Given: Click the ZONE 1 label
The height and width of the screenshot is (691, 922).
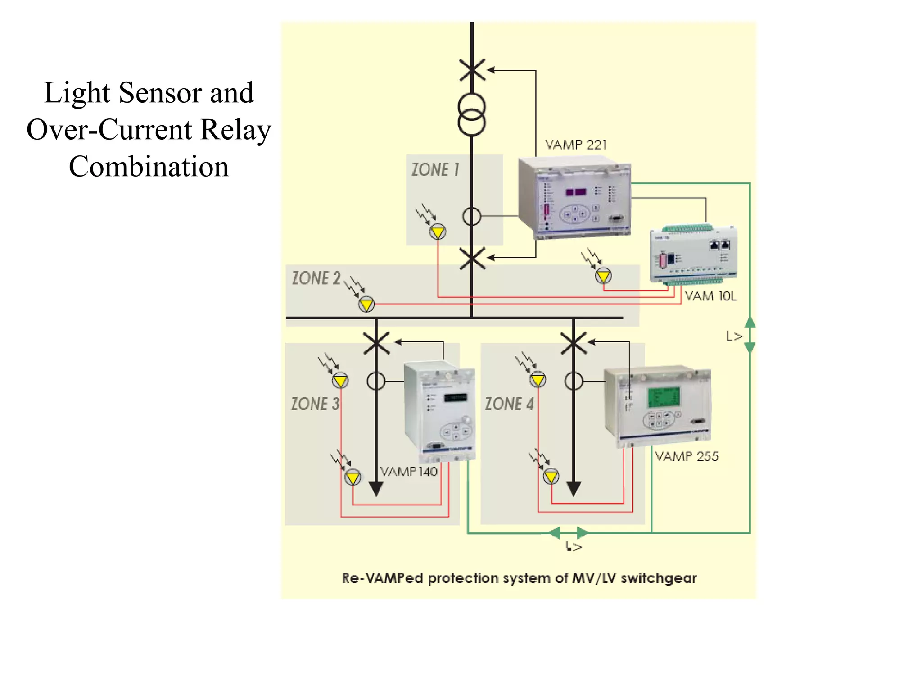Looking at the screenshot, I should coord(435,170).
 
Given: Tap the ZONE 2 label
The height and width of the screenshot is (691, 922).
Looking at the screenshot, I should coord(316,278).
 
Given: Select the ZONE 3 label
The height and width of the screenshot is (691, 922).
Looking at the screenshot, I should coord(315,404).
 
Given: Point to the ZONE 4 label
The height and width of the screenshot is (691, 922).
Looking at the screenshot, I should coord(509,404).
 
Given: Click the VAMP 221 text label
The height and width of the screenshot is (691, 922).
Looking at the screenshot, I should coord(576,145).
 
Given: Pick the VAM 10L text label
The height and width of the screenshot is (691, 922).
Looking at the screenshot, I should coord(710,296).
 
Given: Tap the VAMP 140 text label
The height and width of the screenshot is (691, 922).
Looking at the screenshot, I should coord(409,472).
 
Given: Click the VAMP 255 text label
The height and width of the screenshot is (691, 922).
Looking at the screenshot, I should coord(687,457).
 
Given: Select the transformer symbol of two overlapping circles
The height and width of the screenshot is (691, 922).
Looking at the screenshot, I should coord(472,115).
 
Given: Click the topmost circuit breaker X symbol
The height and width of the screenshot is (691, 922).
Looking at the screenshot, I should coord(472,70).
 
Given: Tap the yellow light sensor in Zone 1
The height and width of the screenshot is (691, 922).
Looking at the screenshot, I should coord(438,232).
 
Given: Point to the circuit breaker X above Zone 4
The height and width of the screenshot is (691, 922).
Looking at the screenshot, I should coord(574,343).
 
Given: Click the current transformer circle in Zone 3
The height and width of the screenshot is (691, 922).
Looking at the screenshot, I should coord(376,381).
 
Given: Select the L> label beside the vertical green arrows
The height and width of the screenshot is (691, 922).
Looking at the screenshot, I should coord(734,336).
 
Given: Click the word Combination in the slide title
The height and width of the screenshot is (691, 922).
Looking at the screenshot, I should coord(149,167).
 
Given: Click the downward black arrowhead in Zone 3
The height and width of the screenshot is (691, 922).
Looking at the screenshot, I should coord(376,489).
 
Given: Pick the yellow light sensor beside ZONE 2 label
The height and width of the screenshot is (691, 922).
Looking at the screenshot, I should coord(366,305).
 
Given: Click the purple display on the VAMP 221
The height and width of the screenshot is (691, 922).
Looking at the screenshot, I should coord(576,192).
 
